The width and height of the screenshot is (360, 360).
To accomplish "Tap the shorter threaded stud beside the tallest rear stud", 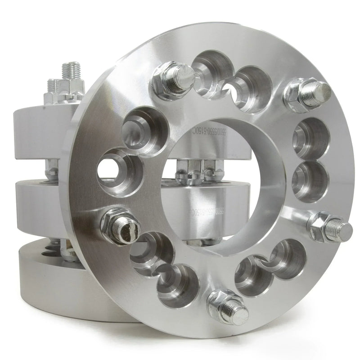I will (x=54, y=88).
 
